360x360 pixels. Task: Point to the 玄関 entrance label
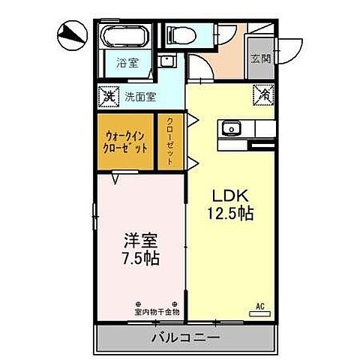[x=262, y=59]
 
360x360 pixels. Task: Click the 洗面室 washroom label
[x=140, y=97]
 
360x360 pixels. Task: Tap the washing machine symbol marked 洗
[x=109, y=96]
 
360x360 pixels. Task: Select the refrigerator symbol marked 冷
[x=264, y=95]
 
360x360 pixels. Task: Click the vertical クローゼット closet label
[x=170, y=141]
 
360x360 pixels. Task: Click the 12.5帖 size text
[x=230, y=213]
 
